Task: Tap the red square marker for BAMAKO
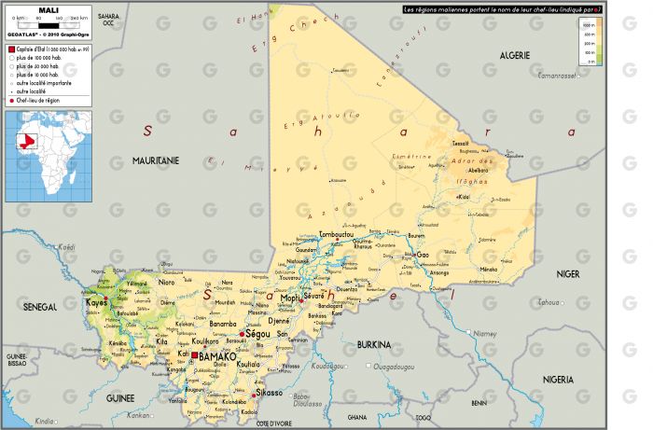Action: coord(195,354)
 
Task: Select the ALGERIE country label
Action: coord(514,56)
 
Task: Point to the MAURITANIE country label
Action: coord(154,160)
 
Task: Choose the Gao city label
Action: coord(423,254)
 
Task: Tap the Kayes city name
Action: coord(95,303)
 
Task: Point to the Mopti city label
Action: coord(291,299)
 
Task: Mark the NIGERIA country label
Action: coord(557,380)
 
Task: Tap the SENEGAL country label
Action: coord(40,306)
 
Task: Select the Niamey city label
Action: coord(486,332)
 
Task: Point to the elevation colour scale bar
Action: coord(600,42)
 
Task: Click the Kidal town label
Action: coord(463,197)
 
